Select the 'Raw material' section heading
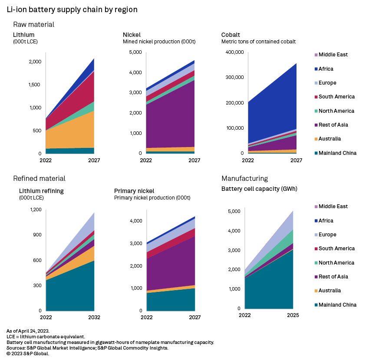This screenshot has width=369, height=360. point(33,25)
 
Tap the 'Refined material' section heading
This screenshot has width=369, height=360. point(39,178)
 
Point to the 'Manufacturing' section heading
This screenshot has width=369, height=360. point(244,178)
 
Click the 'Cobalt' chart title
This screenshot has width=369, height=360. point(231,35)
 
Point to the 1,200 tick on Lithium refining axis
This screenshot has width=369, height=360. point(35,210)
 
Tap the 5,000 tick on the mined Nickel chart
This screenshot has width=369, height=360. point(135,52)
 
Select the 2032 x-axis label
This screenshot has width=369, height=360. point(94,317)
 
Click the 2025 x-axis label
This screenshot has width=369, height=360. point(293,315)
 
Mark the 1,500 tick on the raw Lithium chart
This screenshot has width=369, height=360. point(34,85)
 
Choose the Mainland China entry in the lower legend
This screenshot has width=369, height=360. point(337,305)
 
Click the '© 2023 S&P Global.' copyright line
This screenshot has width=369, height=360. point(28,353)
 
